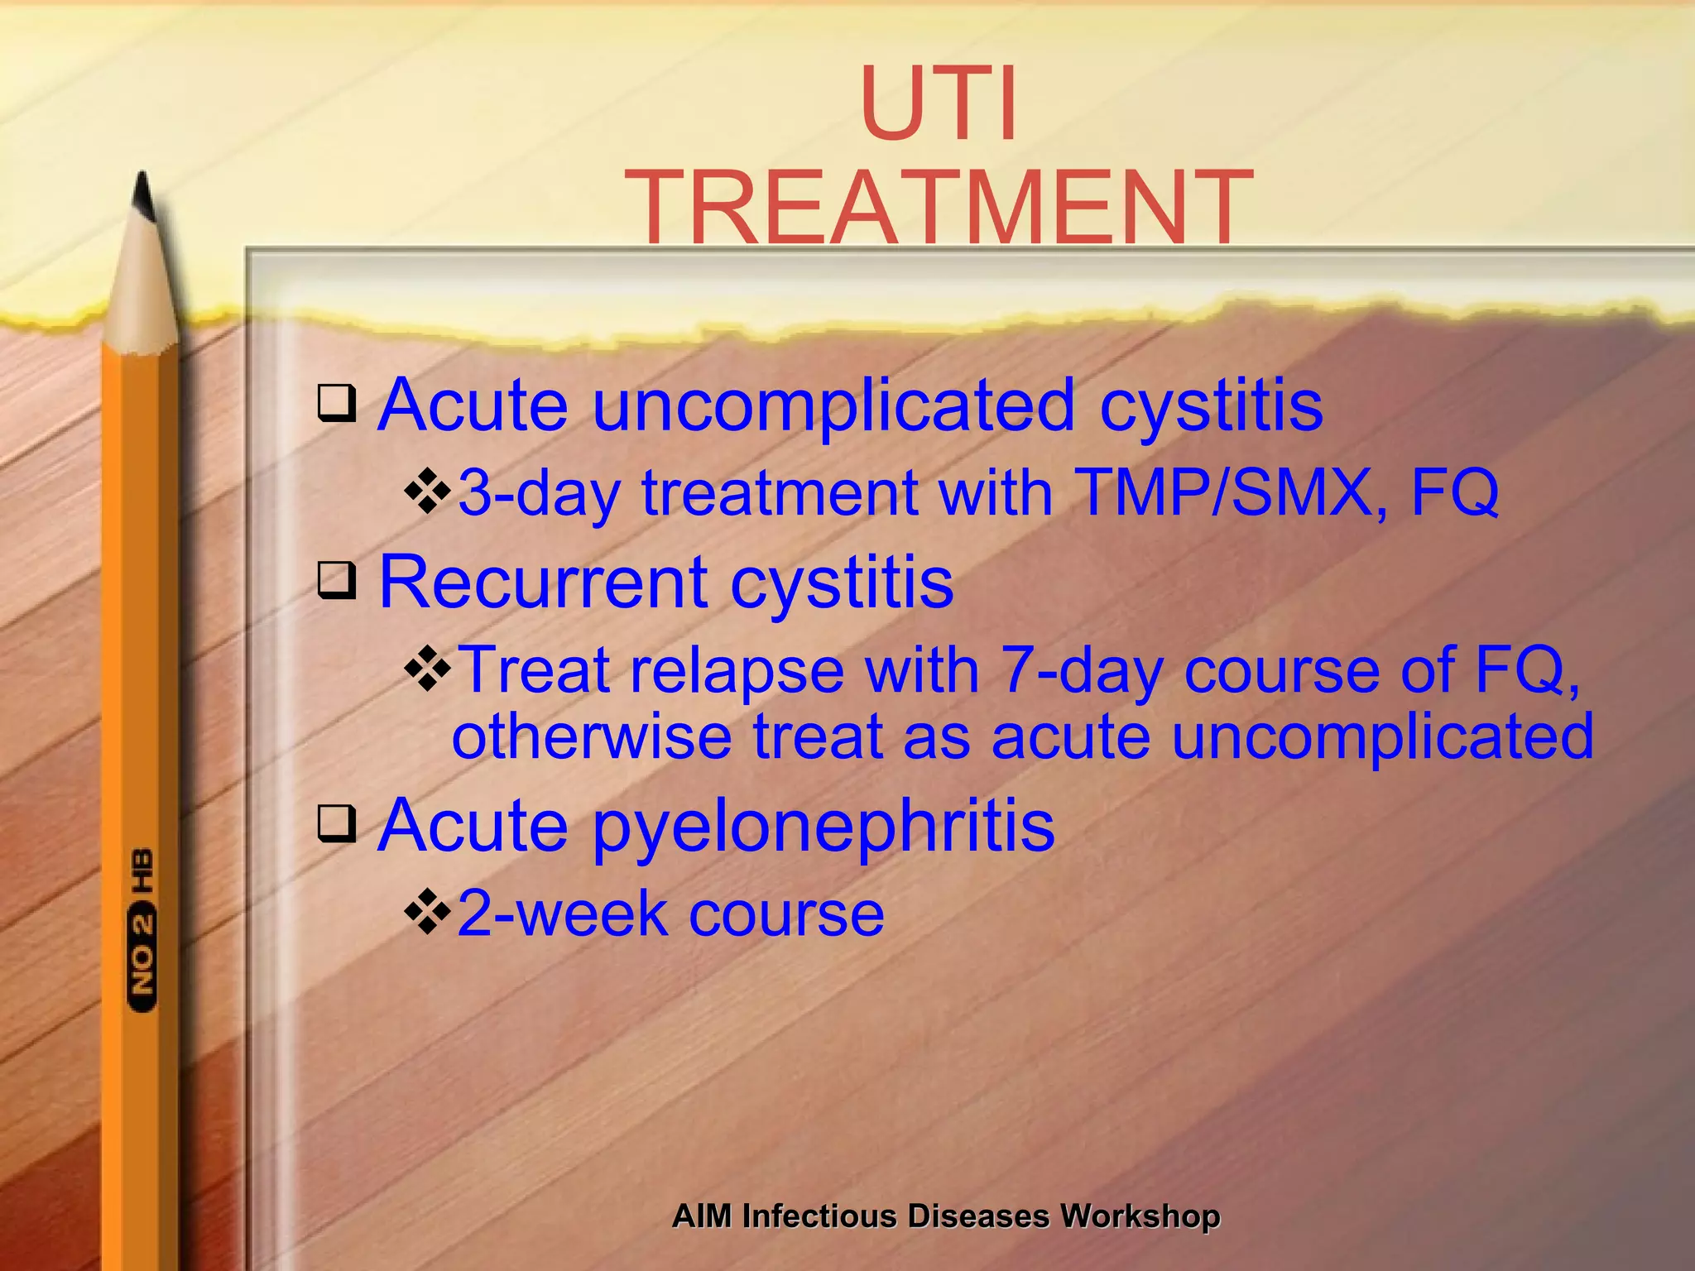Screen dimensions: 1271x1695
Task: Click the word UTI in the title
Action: click(x=939, y=105)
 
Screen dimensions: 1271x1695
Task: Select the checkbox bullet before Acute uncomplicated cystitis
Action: click(x=338, y=404)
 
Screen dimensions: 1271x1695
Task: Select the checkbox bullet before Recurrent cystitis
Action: click(x=338, y=581)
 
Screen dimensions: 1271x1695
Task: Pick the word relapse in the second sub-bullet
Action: click(x=737, y=670)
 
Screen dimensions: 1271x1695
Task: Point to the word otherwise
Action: click(x=591, y=736)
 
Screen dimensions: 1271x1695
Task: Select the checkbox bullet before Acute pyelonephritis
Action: click(x=338, y=824)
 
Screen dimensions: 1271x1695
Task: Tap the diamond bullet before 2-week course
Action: click(x=427, y=913)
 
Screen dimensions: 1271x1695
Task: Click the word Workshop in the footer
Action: click(x=1140, y=1216)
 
